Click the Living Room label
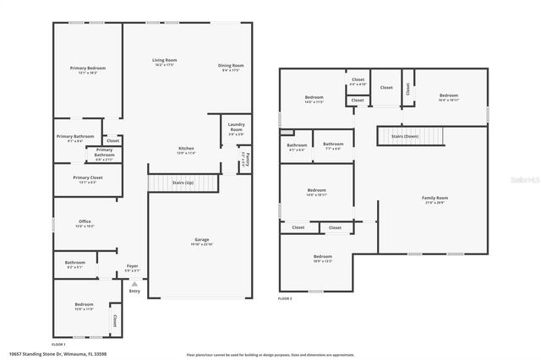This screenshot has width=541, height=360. pyautogui.click(x=164, y=60)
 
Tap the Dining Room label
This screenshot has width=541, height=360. pyautogui.click(x=232, y=65)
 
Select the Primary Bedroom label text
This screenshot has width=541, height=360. pyautogui.click(x=88, y=68)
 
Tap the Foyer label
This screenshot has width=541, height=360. pyautogui.click(x=133, y=266)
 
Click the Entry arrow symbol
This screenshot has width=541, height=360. pyautogui.click(x=134, y=283)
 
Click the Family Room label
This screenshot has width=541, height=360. pyautogui.click(x=434, y=198)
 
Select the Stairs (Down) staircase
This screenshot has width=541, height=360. pyautogui.click(x=415, y=135)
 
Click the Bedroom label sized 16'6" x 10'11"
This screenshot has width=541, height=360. pyautogui.click(x=447, y=96)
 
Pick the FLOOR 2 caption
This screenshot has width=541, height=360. pyautogui.click(x=285, y=298)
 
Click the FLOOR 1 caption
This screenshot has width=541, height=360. pyautogui.click(x=58, y=344)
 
